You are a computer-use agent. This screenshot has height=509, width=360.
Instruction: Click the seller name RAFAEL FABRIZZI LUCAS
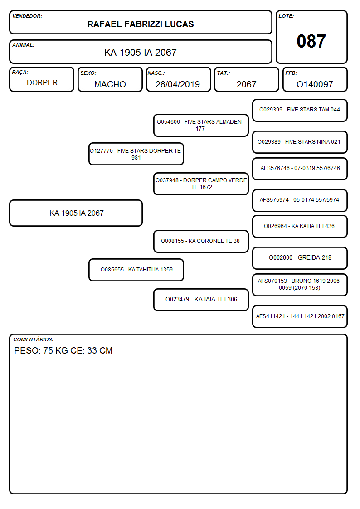[141, 24]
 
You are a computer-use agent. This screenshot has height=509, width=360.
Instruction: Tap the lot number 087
[311, 41]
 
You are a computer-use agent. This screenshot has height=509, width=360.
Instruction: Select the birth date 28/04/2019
[178, 84]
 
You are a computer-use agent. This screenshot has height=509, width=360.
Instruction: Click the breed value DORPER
[42, 83]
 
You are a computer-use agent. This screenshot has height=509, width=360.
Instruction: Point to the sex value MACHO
[110, 84]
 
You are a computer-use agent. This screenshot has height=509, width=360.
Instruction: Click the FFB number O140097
[315, 84]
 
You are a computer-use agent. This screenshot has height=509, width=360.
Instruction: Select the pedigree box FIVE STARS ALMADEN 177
[201, 125]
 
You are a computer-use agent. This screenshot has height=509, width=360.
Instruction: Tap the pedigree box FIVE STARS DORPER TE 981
[136, 154]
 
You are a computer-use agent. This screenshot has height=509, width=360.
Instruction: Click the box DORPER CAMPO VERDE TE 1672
[201, 184]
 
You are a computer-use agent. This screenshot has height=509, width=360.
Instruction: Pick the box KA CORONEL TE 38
[201, 241]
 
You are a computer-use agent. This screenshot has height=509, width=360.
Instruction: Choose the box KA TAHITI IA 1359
[136, 270]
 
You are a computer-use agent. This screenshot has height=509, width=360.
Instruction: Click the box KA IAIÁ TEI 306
[201, 300]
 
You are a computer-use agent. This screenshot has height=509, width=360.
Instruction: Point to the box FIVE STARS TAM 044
[300, 111]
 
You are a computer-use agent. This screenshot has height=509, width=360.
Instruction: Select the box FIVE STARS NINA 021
[300, 142]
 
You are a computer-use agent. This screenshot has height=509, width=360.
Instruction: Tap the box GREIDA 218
[300, 258]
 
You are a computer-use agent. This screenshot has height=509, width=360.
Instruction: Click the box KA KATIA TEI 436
[300, 226]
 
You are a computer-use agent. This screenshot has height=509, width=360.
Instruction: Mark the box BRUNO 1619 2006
[300, 285]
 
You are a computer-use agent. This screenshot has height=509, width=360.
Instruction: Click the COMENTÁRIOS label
[34, 339]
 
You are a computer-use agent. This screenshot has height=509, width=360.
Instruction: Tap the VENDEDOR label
[27, 16]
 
